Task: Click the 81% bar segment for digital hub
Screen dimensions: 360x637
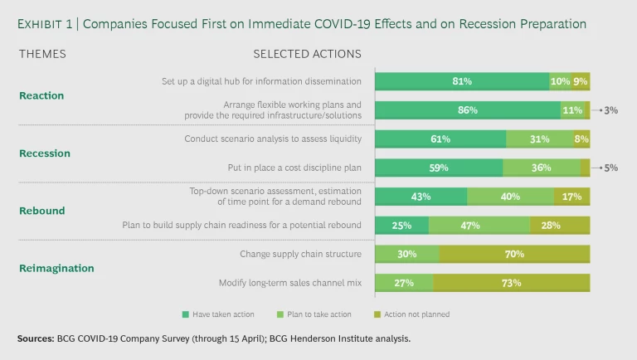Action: pos(461,81)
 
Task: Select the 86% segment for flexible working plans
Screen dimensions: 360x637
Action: pos(467,109)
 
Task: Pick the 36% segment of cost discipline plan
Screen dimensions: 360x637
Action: pos(541,168)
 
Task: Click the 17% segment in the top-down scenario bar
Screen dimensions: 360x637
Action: pos(572,197)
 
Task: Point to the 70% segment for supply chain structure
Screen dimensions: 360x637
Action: pos(514,254)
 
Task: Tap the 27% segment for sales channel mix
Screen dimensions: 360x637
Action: pos(404,283)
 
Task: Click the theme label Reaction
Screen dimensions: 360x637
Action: pos(41,95)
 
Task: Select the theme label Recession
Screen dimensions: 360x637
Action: pos(45,153)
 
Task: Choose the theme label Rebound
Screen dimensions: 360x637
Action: pos(41,211)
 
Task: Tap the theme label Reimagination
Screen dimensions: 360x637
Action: pos(56,268)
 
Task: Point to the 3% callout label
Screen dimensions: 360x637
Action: pos(610,109)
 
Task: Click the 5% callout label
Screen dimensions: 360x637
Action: pos(610,168)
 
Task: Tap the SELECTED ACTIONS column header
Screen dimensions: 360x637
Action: pos(307,54)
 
